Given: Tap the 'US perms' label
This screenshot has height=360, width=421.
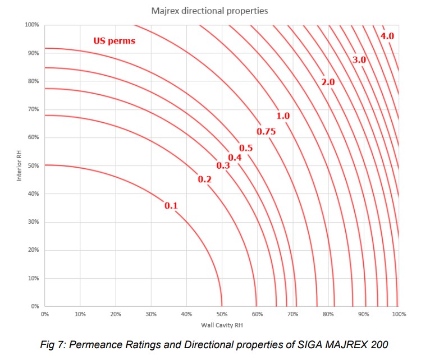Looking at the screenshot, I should tap(114, 41).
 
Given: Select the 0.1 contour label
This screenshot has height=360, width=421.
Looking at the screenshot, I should tap(171, 206).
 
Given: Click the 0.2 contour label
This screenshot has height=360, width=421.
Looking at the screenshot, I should tap(204, 179).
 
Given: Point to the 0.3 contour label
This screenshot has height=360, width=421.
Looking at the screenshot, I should tap(223, 166).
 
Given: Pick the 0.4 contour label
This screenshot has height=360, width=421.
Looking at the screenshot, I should tap(235, 158).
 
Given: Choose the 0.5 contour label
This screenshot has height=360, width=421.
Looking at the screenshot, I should tap(246, 148).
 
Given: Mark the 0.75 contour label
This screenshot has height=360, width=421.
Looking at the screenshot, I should tap(266, 131).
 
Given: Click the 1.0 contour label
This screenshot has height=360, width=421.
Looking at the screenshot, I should tap(283, 116).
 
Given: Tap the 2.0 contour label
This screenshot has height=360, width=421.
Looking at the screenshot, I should tap(328, 82).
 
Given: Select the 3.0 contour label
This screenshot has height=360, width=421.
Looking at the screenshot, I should tap(359, 59).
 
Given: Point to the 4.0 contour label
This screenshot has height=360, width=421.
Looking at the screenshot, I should tap(387, 36).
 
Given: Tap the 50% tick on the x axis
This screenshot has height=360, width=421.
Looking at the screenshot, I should tap(222, 315).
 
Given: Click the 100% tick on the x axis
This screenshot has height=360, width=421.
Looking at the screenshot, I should tap(398, 315).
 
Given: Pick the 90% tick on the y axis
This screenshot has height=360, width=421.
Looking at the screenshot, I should tap(33, 53).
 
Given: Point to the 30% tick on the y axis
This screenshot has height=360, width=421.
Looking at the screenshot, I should tap(33, 222).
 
